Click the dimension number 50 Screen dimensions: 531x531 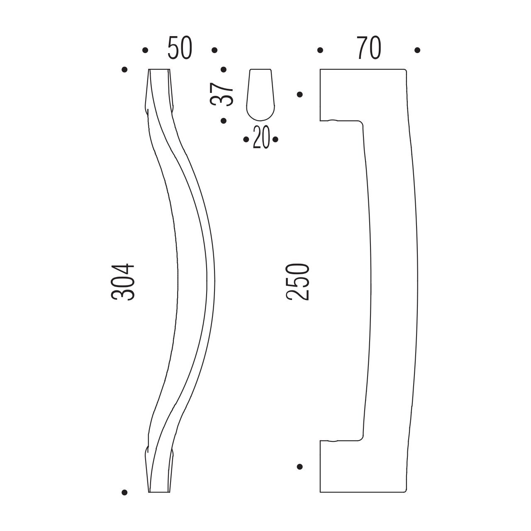pyautogui.click(x=180, y=48)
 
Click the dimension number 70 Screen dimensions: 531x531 pyautogui.click(x=369, y=48)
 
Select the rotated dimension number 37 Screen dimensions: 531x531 pyautogui.click(x=222, y=94)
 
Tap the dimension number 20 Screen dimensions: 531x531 pyautogui.click(x=261, y=137)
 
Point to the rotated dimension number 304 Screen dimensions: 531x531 pyautogui.click(x=123, y=282)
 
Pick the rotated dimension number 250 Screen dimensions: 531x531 pyautogui.click(x=297, y=282)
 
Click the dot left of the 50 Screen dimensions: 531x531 pyautogui.click(x=145, y=50)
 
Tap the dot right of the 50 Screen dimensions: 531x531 pyautogui.click(x=214, y=50)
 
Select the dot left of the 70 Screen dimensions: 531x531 pyautogui.click(x=320, y=50)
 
